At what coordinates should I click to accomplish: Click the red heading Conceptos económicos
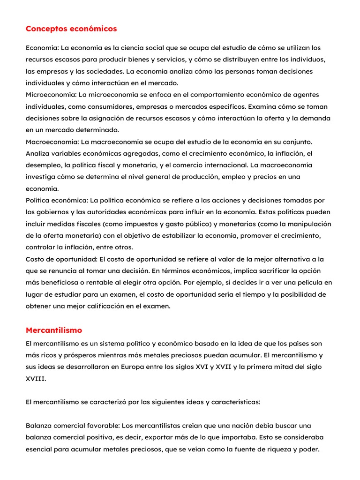pyautogui.click(x=71, y=29)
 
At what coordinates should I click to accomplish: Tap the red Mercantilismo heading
pyautogui.click(x=54, y=330)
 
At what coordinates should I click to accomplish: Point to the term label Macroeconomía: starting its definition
pyautogui.click(x=52, y=142)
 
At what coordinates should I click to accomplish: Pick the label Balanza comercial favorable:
pyautogui.click(x=73, y=426)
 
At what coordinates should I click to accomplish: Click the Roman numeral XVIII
pyautogui.click(x=36, y=379)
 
